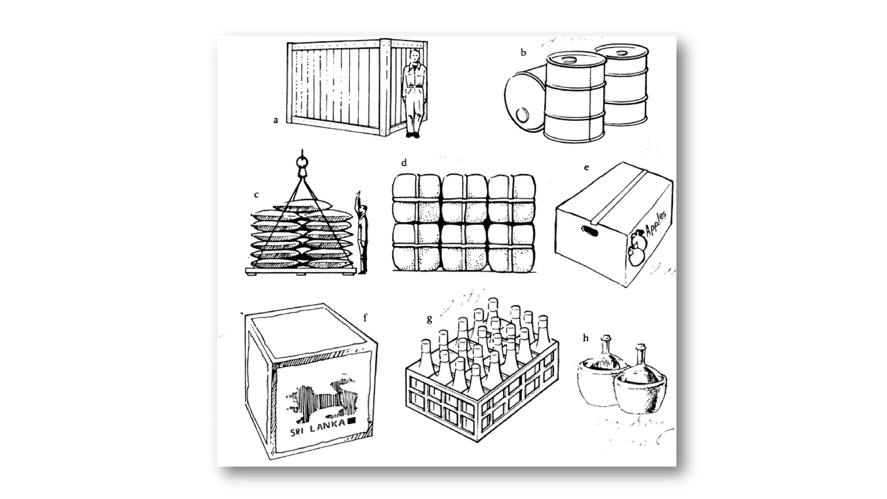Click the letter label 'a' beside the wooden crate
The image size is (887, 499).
275,120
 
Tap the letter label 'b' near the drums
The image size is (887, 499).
523,53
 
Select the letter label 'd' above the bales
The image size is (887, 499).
404,163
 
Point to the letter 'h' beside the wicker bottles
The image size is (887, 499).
586,338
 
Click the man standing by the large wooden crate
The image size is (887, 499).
414,93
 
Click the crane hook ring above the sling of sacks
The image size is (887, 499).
302,162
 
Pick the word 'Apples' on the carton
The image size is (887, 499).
656,224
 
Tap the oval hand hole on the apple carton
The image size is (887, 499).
589,231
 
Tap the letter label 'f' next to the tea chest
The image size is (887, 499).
365,318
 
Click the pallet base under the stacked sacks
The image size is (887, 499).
301,271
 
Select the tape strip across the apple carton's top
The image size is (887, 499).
619,197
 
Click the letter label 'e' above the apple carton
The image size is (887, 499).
586,168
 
